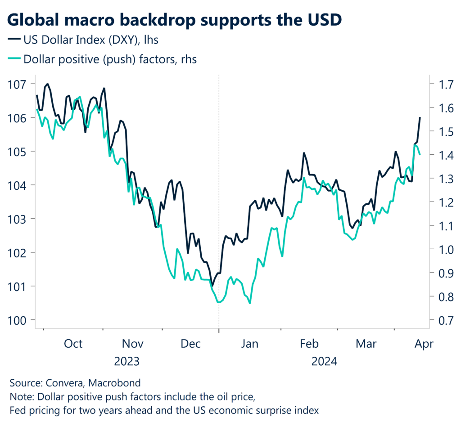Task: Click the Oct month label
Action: coord(73,344)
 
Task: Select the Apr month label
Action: coord(424,344)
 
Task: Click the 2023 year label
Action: coord(127,361)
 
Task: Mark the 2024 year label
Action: coord(325,361)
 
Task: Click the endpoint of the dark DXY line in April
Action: coord(420,118)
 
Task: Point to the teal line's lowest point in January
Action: coord(249,303)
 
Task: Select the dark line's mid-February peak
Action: coord(304,153)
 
